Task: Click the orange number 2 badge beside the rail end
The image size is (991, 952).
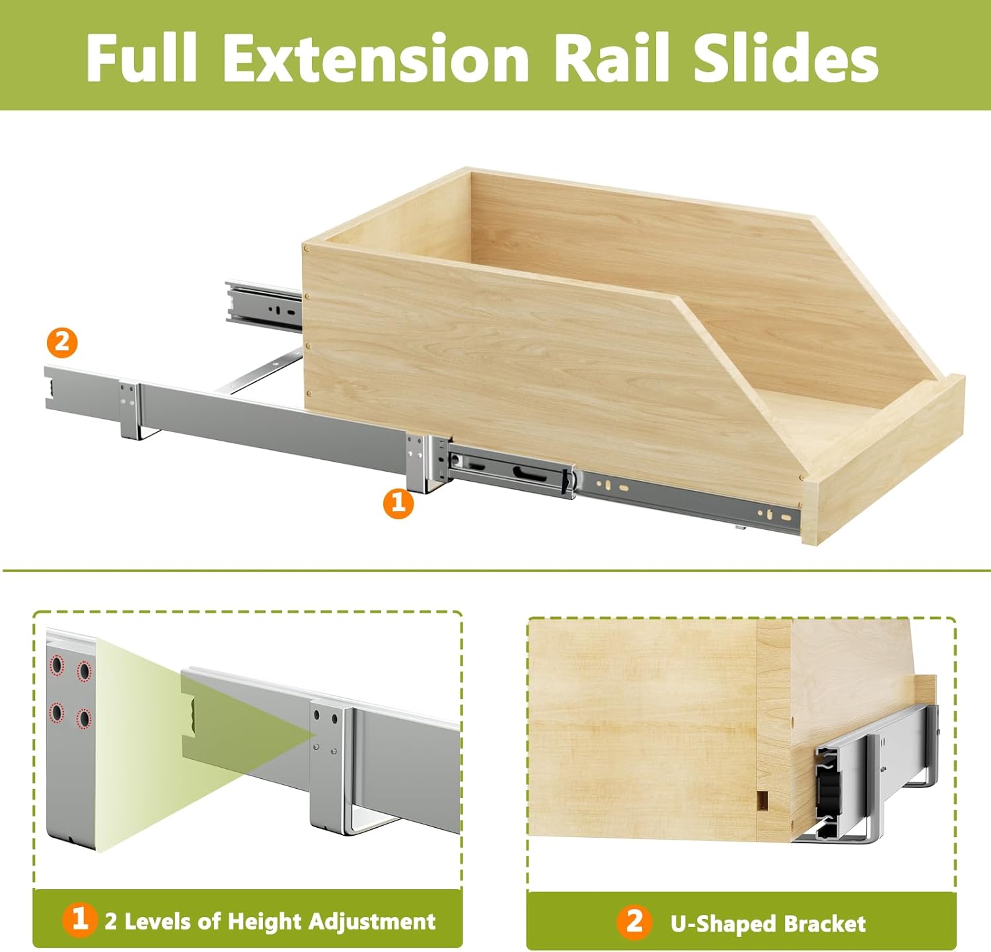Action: [61, 343]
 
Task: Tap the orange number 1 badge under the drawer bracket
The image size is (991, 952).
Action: [398, 503]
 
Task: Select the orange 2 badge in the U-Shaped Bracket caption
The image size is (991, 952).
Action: [634, 921]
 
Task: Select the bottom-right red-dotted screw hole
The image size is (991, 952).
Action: [84, 718]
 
